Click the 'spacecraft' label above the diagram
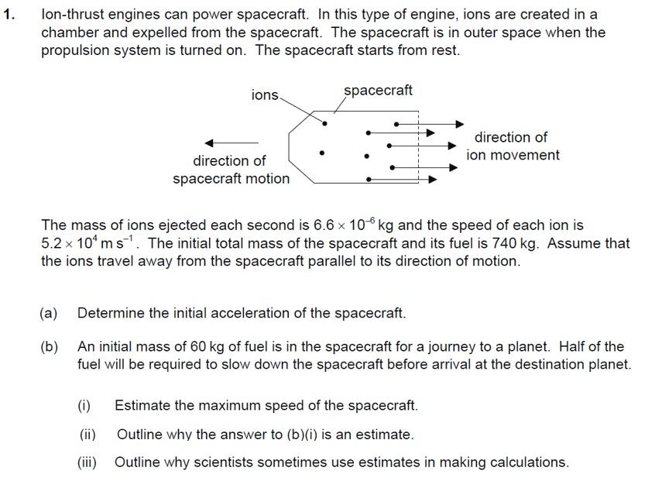[378, 91]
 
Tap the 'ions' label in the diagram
[265, 95]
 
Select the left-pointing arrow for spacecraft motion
[232, 143]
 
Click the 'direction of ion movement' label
[512, 146]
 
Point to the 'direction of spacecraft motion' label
[231, 170]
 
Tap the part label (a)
[49, 314]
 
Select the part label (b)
[49, 347]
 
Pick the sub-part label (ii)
[87, 435]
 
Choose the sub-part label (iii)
[87, 462]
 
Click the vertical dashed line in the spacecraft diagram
[418, 147]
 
